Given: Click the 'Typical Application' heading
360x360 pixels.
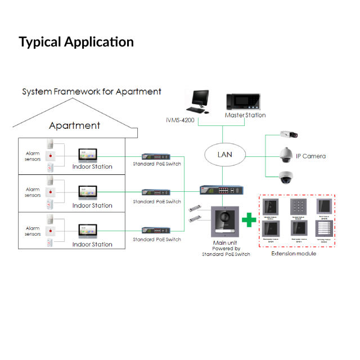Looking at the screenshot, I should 76,42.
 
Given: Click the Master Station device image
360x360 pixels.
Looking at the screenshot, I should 245,101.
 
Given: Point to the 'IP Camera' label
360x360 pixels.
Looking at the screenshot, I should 310,156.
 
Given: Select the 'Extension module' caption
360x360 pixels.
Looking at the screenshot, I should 294,254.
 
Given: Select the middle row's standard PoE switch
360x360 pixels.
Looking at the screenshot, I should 156,192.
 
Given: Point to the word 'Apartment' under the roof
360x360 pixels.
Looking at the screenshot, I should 74,125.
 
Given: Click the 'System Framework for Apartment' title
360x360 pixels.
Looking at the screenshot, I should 92,91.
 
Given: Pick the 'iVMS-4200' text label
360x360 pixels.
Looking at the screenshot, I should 181,119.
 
